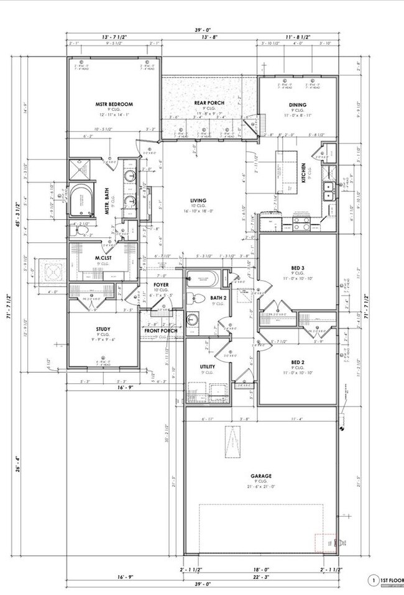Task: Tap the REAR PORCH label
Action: tap(209, 102)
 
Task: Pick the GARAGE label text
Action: tap(260, 476)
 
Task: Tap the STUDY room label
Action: tap(103, 330)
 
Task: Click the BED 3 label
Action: tap(297, 268)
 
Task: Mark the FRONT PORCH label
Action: tap(161, 330)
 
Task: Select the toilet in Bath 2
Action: tap(193, 299)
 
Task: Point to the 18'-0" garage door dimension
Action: tap(262, 568)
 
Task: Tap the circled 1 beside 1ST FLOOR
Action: tap(374, 581)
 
